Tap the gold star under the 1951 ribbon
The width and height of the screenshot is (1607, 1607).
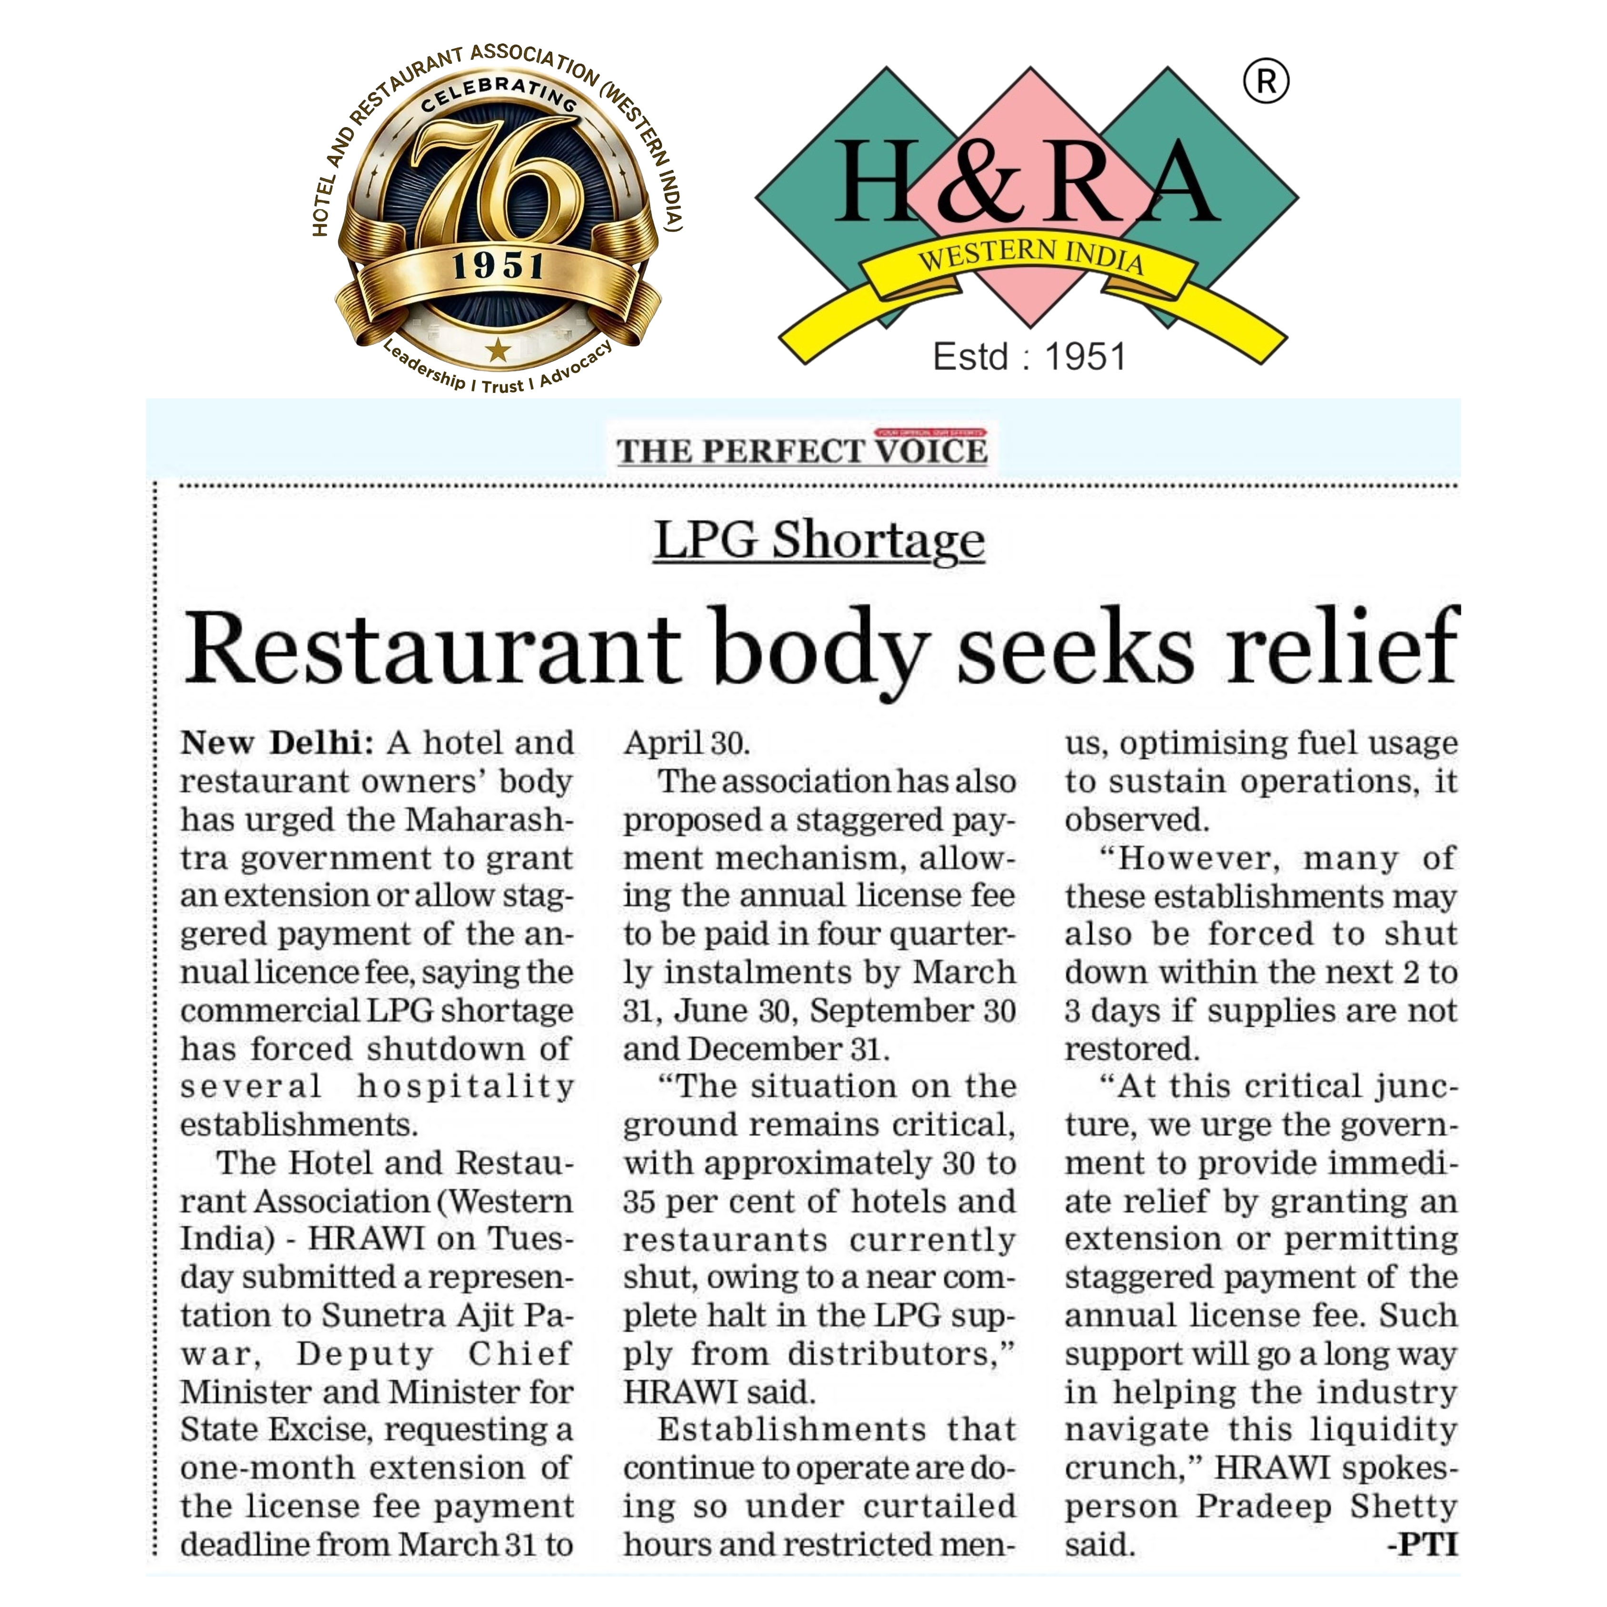click(498, 349)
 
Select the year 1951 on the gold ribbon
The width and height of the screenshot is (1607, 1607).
click(498, 267)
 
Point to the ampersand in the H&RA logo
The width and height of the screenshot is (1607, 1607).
click(982, 181)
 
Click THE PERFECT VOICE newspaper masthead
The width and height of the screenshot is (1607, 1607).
click(802, 451)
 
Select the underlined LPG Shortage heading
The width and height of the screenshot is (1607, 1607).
click(818, 540)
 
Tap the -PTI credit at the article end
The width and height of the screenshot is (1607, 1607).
click(1422, 1545)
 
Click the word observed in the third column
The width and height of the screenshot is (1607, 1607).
click(1136, 820)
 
